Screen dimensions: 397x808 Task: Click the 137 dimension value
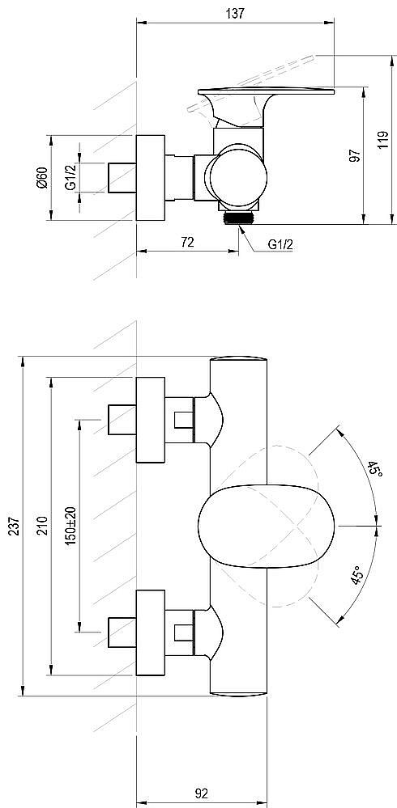[x=235, y=14]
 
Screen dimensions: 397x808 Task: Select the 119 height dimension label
[x=382, y=140]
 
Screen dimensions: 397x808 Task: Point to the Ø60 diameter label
[x=42, y=178]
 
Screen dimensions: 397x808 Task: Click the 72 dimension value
[x=188, y=242]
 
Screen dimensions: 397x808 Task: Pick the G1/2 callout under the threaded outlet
[x=280, y=245]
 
